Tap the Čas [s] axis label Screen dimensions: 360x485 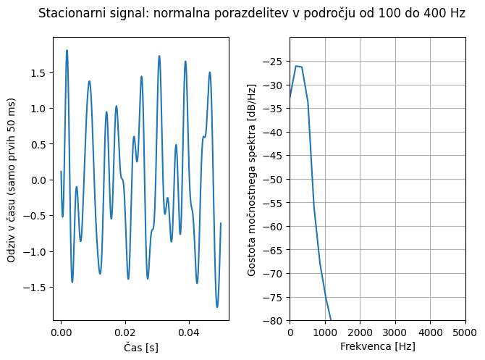(141, 347)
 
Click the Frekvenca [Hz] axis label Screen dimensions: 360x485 (377, 347)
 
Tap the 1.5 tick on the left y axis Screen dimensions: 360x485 (39, 73)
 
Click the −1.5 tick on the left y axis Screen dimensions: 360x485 (36, 288)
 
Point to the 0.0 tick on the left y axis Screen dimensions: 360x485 (39, 180)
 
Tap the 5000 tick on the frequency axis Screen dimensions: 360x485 (465, 332)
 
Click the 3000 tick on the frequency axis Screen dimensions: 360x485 (395, 332)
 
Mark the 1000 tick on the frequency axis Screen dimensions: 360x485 (325, 332)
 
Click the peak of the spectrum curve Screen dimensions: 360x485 (295, 66)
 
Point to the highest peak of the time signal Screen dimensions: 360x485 (67, 50)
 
